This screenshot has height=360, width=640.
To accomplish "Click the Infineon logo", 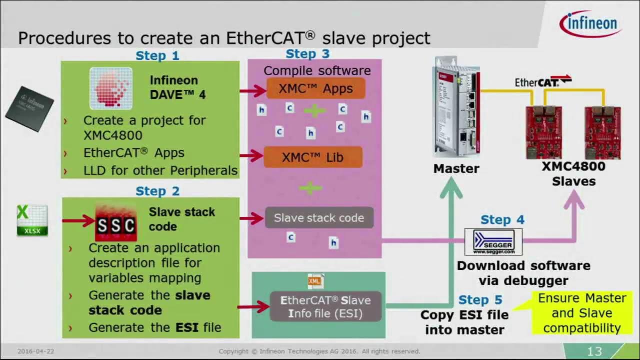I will [590, 23].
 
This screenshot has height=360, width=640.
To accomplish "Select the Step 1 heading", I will [157, 55].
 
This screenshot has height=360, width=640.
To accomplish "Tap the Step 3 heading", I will [307, 53].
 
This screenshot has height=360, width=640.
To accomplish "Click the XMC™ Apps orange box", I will [315, 88].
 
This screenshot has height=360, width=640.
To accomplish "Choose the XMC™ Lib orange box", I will [312, 157].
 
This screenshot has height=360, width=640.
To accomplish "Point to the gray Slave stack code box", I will [319, 218].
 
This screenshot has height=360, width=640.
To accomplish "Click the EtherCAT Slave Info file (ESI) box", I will [325, 307].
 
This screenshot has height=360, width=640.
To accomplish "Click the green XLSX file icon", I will [32, 220].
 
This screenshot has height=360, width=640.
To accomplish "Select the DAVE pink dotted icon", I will [111, 88].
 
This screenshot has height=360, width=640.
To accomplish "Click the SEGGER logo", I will [493, 242].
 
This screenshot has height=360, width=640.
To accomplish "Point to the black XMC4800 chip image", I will [29, 108].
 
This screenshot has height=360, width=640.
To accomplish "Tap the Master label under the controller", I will [456, 169].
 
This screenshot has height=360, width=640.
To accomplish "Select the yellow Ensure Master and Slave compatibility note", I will [581, 313].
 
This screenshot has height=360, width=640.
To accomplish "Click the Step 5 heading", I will [480, 300].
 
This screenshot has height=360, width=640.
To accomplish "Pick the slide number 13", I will [594, 351].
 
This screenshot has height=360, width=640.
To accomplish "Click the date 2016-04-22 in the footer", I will [35, 351].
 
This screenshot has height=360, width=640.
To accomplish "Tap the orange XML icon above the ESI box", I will [314, 281].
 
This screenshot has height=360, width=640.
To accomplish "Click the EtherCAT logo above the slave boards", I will [543, 81].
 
